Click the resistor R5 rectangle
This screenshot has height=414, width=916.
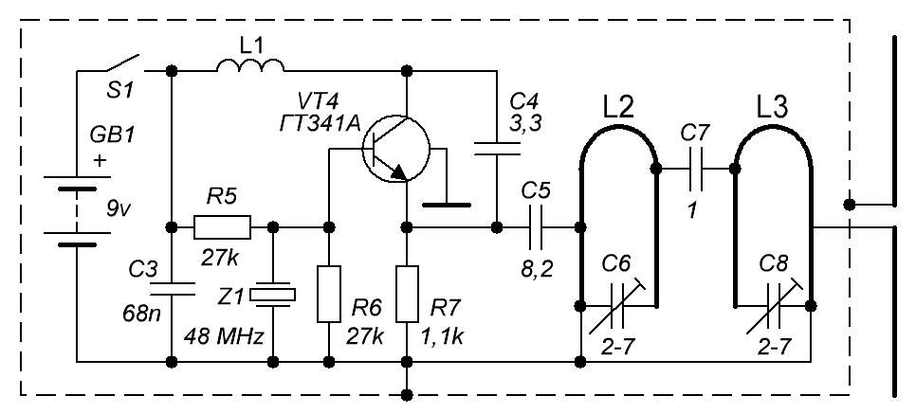pos(222,227)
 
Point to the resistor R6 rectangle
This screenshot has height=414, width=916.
pos(327,295)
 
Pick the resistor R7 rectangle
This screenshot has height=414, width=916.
pos(407,295)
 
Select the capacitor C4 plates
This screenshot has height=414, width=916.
pos(497,146)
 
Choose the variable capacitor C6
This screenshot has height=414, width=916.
pos(619,305)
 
